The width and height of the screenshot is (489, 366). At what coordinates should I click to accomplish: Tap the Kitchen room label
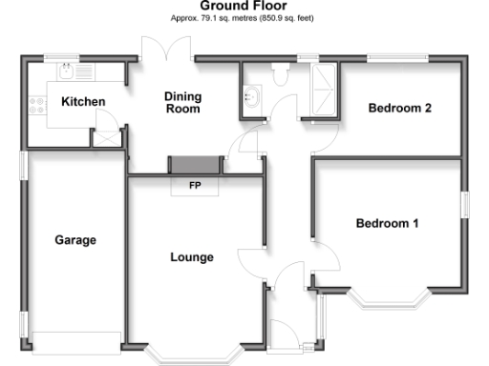(83, 102)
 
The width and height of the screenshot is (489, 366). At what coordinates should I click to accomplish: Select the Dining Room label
(182, 102)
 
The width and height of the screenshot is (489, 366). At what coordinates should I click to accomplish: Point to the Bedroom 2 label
(400, 108)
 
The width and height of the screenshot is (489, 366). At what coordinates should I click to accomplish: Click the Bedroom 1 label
(388, 224)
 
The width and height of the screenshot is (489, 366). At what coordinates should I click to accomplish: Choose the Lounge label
(191, 257)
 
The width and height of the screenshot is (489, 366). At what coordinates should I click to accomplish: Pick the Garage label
(74, 240)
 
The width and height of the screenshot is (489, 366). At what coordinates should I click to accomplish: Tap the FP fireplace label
(195, 185)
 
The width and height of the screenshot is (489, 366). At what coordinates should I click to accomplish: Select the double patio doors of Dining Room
(166, 48)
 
